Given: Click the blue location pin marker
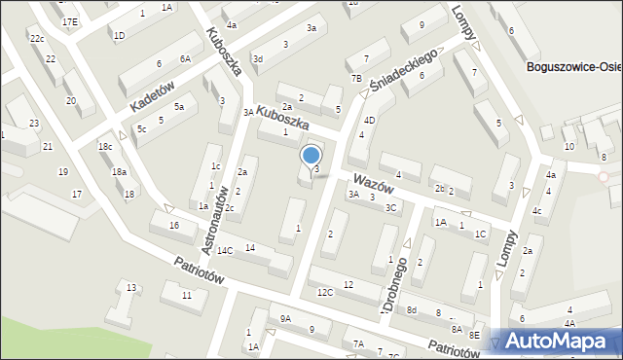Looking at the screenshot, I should point(311,156).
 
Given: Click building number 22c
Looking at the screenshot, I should point(36,39).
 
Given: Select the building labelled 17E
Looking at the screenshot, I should point(69,21).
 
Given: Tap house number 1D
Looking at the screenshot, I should point(119,36).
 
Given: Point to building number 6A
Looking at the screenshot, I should point(185,58).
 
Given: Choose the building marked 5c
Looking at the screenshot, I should point(142,128).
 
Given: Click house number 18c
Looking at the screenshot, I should point(105,147).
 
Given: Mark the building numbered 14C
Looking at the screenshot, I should point(225,251).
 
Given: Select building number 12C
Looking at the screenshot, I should point(325,292).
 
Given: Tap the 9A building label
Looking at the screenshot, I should point(285,318).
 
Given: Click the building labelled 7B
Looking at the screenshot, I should point(356,78).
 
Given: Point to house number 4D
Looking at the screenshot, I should point(370,120).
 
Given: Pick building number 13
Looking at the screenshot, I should point(131,286).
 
